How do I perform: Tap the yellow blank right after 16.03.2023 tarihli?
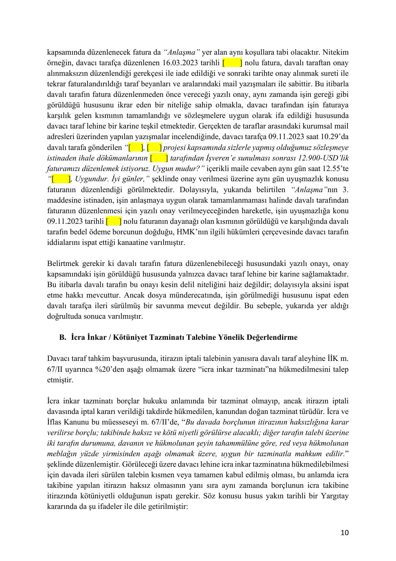tap(232, 63)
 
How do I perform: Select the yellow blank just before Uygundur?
tap(61, 179)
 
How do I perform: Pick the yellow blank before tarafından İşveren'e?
tap(159, 158)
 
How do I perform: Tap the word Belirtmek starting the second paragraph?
tap(63, 264)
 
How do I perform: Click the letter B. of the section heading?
tap(63, 338)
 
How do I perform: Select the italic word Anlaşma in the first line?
tap(182, 52)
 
